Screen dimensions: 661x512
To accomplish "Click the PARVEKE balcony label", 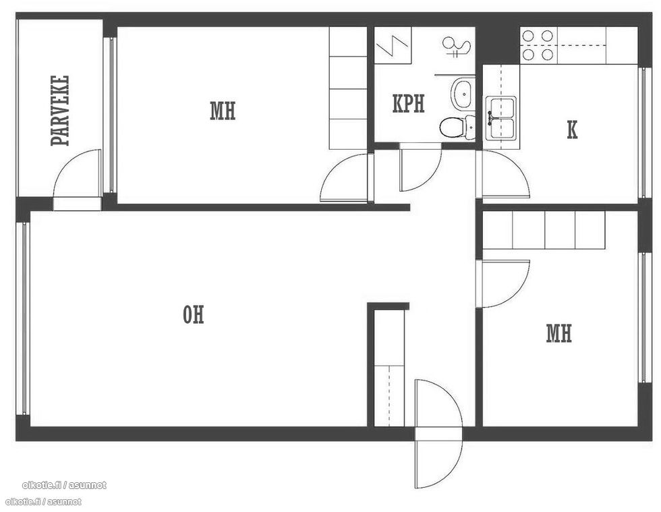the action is [60, 111].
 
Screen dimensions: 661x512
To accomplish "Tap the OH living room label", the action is [194, 314].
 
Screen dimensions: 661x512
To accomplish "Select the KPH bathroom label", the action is [409, 104].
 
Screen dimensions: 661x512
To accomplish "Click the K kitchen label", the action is [572, 130].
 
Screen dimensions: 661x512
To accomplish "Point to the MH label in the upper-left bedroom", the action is [223, 111].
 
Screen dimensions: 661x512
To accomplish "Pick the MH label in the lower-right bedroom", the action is [559, 333].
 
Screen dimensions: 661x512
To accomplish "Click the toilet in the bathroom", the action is [457, 127].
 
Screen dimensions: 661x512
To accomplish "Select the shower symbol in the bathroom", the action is [456, 47].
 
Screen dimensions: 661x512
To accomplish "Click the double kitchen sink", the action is [500, 118].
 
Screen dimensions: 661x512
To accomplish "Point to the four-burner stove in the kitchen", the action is [538, 45].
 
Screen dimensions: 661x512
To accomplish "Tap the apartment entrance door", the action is [438, 434].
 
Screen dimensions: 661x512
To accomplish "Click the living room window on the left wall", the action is [23, 318].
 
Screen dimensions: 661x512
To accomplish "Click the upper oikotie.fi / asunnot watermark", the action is [64, 486].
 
